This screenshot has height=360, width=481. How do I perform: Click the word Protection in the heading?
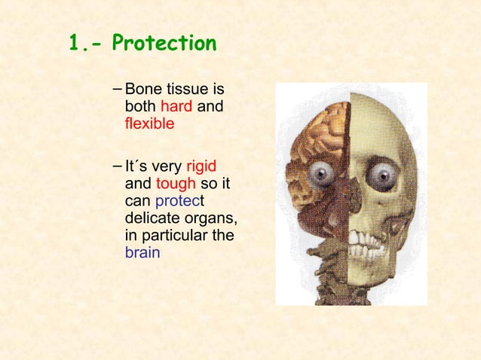164,44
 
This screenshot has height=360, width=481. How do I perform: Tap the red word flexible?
149,123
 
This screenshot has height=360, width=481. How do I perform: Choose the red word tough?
176,184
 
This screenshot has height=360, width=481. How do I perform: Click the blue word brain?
142,252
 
